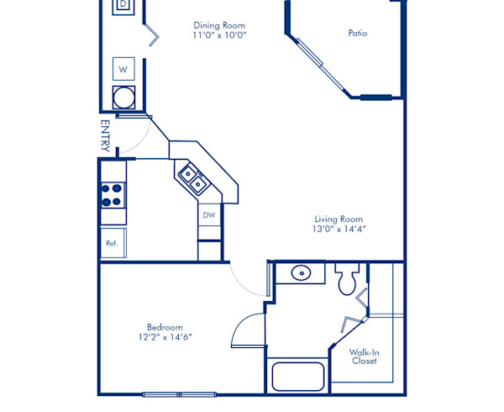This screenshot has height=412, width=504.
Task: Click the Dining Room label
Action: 219,25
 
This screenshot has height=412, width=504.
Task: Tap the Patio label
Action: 358,34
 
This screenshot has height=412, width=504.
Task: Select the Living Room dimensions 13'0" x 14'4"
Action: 339,229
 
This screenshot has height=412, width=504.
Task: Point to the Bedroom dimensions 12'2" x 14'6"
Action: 165,337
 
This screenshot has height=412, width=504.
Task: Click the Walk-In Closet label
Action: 364,357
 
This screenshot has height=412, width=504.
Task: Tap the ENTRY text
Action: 106,135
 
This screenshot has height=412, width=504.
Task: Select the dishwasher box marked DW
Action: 209,215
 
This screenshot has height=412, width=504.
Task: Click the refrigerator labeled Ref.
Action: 111,243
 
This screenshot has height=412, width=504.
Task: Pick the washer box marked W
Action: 123,68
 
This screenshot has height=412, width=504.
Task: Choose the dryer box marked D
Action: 123,4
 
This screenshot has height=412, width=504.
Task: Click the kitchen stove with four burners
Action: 113,195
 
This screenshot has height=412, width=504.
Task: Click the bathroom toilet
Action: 347,280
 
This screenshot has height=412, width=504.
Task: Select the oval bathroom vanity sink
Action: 301,273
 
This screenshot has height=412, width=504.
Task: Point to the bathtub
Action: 298,375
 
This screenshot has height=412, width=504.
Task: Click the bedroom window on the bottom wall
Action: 180,394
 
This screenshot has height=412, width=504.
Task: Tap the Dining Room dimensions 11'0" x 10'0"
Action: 219,36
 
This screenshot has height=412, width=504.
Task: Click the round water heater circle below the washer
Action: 123,97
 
